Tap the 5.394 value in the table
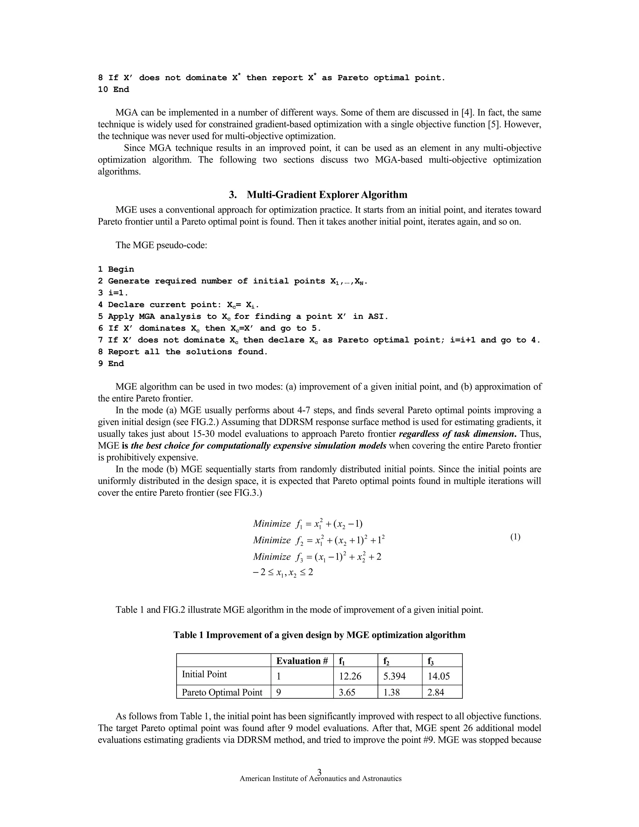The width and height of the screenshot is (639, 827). click(x=394, y=676)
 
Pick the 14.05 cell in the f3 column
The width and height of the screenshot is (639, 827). click(x=438, y=676)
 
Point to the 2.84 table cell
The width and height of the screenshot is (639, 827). click(x=435, y=692)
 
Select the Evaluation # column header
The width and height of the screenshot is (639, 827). click(x=302, y=661)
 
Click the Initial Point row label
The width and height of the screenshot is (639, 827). click(x=204, y=674)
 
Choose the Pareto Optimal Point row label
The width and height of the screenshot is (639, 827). click(x=222, y=692)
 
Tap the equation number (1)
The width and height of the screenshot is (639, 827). click(x=515, y=537)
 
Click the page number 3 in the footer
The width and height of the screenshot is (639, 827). click(x=319, y=772)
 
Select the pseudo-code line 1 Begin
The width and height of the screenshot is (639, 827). click(x=116, y=269)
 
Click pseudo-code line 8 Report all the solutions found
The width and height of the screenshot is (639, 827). click(x=183, y=352)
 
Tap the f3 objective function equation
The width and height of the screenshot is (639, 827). click(x=317, y=557)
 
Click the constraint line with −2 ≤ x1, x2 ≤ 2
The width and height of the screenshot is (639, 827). click(x=283, y=573)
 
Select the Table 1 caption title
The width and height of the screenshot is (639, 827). click(x=319, y=635)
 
